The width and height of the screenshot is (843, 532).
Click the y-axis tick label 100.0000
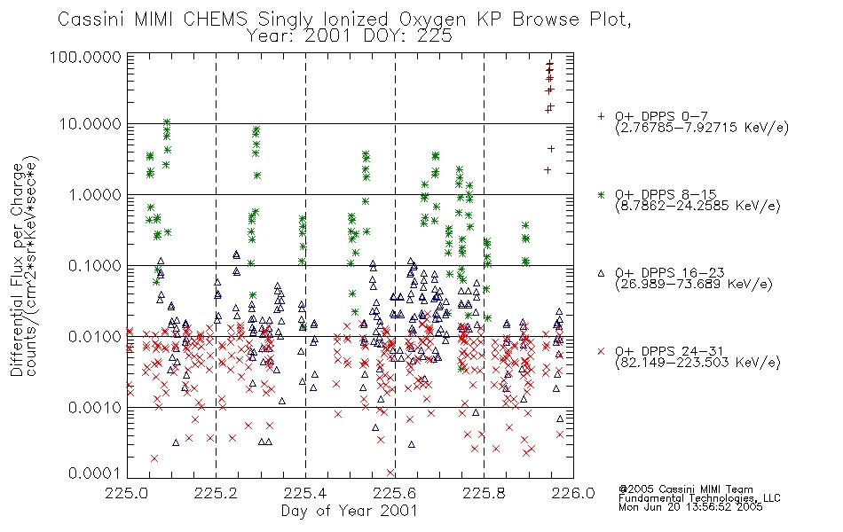tap(85, 57)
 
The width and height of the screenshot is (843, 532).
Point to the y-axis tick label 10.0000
tap(90, 124)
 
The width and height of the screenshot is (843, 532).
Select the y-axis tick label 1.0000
tap(95, 194)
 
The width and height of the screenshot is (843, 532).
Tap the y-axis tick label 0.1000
tap(95, 265)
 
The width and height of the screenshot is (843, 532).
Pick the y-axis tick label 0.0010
tap(95, 408)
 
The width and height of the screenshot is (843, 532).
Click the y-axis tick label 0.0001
tap(95, 473)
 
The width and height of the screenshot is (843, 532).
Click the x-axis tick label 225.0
tap(127, 493)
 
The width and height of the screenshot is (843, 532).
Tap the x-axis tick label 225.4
tap(305, 493)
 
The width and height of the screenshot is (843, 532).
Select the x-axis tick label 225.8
tap(484, 493)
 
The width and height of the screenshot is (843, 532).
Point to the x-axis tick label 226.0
tap(573, 493)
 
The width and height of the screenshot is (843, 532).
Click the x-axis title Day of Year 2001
tap(350, 511)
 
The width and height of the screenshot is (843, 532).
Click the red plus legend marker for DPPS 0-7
tap(601, 116)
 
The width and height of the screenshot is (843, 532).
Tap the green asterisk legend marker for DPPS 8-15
tap(601, 194)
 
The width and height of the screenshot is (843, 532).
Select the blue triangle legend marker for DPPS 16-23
tap(601, 273)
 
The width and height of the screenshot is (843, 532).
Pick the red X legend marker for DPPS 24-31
tap(601, 351)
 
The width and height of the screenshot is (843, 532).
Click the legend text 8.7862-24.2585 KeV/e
tap(698, 206)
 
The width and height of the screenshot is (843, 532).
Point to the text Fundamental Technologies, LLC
tap(699, 498)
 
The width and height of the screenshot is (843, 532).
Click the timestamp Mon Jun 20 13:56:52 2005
tap(690, 507)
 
